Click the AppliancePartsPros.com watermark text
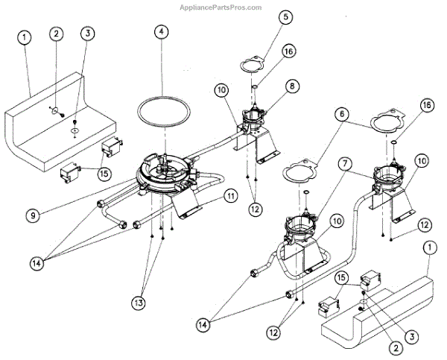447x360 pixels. tap(221, 7)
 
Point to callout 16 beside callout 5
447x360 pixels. tap(288, 51)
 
